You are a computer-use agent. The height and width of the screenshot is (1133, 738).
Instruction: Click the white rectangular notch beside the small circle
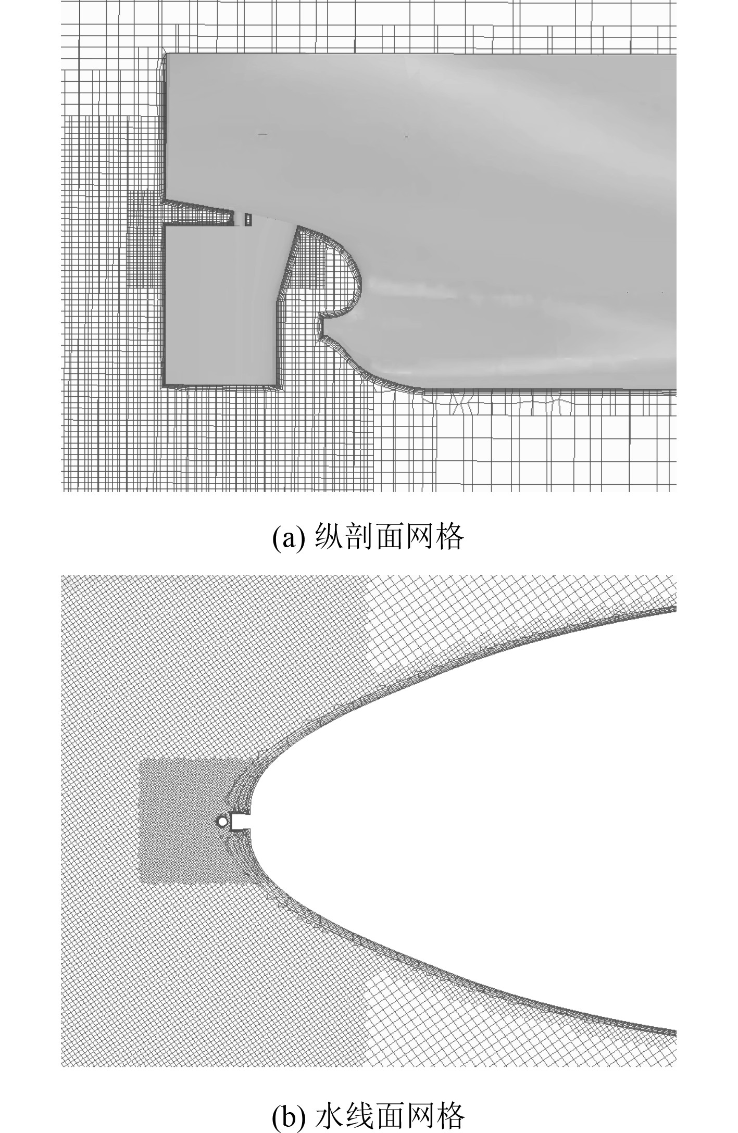pos(240,821)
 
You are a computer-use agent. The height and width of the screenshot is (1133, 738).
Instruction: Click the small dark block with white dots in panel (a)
pos(248,219)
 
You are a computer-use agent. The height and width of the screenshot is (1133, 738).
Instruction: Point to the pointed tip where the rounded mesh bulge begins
pos(298,226)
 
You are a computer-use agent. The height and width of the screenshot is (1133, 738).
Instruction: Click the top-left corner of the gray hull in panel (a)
pos(167,54)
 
